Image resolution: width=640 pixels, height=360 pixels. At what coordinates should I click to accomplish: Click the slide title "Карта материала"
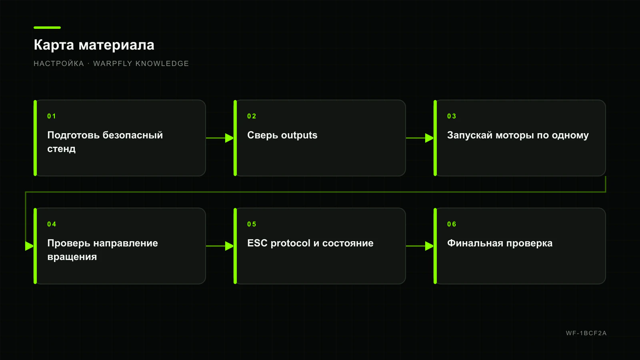point(94,45)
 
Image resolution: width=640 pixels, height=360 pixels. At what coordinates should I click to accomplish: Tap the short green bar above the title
point(47,28)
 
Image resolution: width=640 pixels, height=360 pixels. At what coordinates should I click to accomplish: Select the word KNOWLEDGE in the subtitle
point(162,64)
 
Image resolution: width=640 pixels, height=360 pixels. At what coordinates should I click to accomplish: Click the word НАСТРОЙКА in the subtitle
point(59,64)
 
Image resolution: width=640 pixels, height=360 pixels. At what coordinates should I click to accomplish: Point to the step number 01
point(52,116)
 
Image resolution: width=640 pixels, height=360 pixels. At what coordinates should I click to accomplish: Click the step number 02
point(252,116)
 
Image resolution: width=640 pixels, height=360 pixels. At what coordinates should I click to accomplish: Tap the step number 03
point(452,116)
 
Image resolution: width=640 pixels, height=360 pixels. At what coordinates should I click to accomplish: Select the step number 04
point(52,224)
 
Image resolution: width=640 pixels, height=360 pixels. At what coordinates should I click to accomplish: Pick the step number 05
point(252,224)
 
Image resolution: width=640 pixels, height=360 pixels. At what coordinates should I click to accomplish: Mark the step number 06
point(452,224)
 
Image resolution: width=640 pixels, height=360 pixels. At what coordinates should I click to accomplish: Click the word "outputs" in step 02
point(299,136)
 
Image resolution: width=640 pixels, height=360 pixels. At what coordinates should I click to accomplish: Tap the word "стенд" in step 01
point(62,149)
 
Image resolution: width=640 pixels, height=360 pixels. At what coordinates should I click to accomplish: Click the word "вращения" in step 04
point(72,257)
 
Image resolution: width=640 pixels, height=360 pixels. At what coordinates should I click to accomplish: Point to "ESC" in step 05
point(258,243)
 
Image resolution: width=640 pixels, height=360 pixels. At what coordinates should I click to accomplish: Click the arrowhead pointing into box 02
point(230,138)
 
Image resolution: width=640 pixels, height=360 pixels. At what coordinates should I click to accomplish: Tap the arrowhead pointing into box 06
point(430,246)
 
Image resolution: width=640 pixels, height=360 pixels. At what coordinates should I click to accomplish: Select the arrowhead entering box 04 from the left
point(30,246)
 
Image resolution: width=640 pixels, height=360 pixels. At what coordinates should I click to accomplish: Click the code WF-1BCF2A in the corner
point(586,333)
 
